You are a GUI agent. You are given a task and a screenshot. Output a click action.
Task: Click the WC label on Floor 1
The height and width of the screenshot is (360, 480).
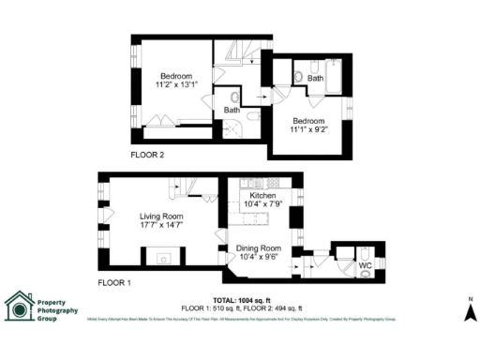(366, 265)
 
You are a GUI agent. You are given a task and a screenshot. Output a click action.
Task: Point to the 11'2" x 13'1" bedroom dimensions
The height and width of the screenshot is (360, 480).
(175, 85)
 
